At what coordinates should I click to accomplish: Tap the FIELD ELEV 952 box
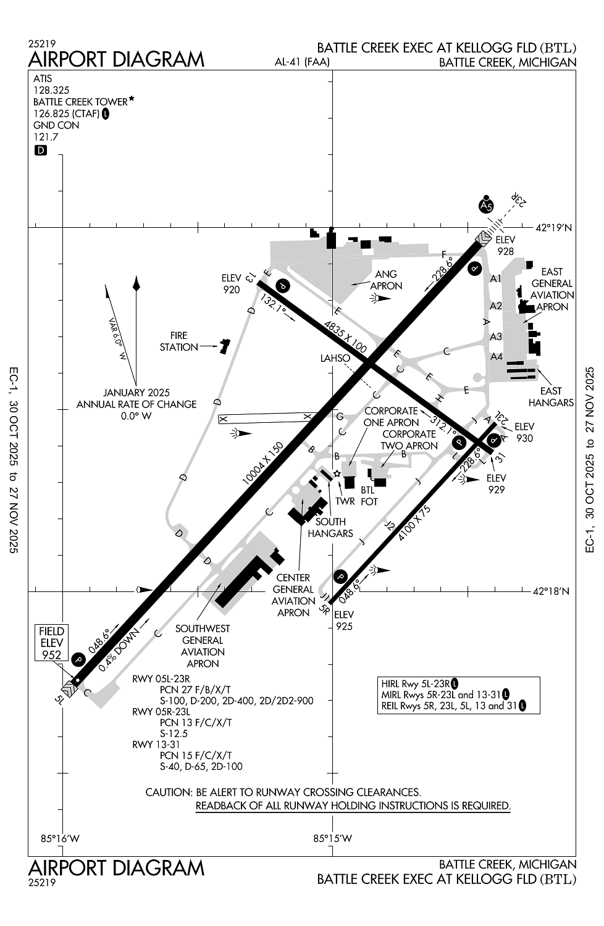pos(52,643)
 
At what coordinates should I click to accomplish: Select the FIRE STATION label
pos(178,341)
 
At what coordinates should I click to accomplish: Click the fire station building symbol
pos(224,346)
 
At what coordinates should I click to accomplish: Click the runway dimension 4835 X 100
pos(345,336)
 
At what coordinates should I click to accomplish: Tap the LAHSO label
pos(335,358)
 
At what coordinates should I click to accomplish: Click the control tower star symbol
pos(337,473)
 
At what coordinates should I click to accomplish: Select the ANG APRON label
pos(386,280)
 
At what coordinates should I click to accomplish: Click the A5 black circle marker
pos(487,206)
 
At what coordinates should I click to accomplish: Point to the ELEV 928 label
pos(505,245)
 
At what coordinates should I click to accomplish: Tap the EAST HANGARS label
pos(551,396)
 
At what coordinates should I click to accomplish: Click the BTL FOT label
pos(369,496)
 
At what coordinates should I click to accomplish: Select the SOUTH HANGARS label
pos(330,527)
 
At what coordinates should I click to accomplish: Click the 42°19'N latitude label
pos(554,228)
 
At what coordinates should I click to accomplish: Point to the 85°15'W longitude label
pos(332,838)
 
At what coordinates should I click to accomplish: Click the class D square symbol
pos(40,150)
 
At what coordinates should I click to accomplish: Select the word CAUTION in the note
pos(169,792)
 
